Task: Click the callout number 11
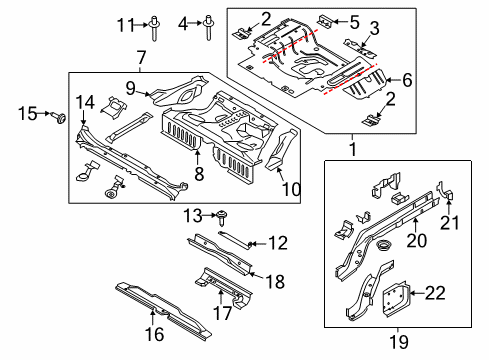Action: click(x=126, y=25)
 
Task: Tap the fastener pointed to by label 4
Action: click(x=208, y=27)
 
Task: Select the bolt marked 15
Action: click(x=59, y=117)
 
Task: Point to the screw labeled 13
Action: click(x=222, y=218)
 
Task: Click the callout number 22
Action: click(x=435, y=293)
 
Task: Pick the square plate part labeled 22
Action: click(x=396, y=300)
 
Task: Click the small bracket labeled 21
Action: click(x=445, y=191)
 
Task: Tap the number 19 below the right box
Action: click(x=399, y=342)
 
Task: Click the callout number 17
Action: click(x=222, y=313)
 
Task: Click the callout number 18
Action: click(x=275, y=282)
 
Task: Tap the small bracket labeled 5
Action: click(x=325, y=20)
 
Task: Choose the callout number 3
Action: click(x=375, y=28)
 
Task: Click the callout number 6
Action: click(x=407, y=80)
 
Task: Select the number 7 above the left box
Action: click(x=141, y=58)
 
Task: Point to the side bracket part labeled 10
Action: click(x=281, y=149)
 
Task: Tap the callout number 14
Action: click(x=85, y=102)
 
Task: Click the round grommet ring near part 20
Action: click(x=382, y=246)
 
